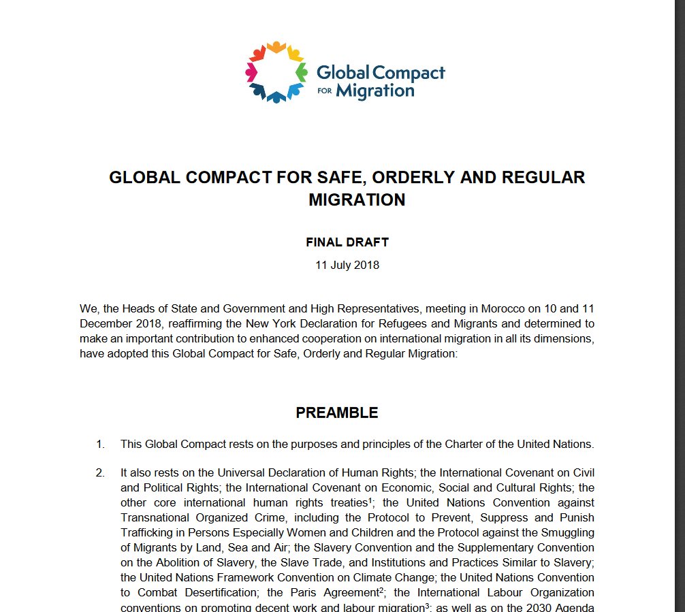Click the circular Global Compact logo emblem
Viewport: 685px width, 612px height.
coord(276,72)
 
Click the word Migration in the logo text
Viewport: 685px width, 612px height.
coord(376,90)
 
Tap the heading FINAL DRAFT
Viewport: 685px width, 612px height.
coord(347,242)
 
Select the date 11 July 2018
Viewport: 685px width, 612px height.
coord(347,265)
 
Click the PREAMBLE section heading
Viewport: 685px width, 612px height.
coord(336,413)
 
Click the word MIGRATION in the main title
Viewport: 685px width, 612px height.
coord(357,200)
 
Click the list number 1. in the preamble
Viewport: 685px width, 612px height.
coord(101,445)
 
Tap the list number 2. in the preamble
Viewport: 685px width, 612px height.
coord(101,472)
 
